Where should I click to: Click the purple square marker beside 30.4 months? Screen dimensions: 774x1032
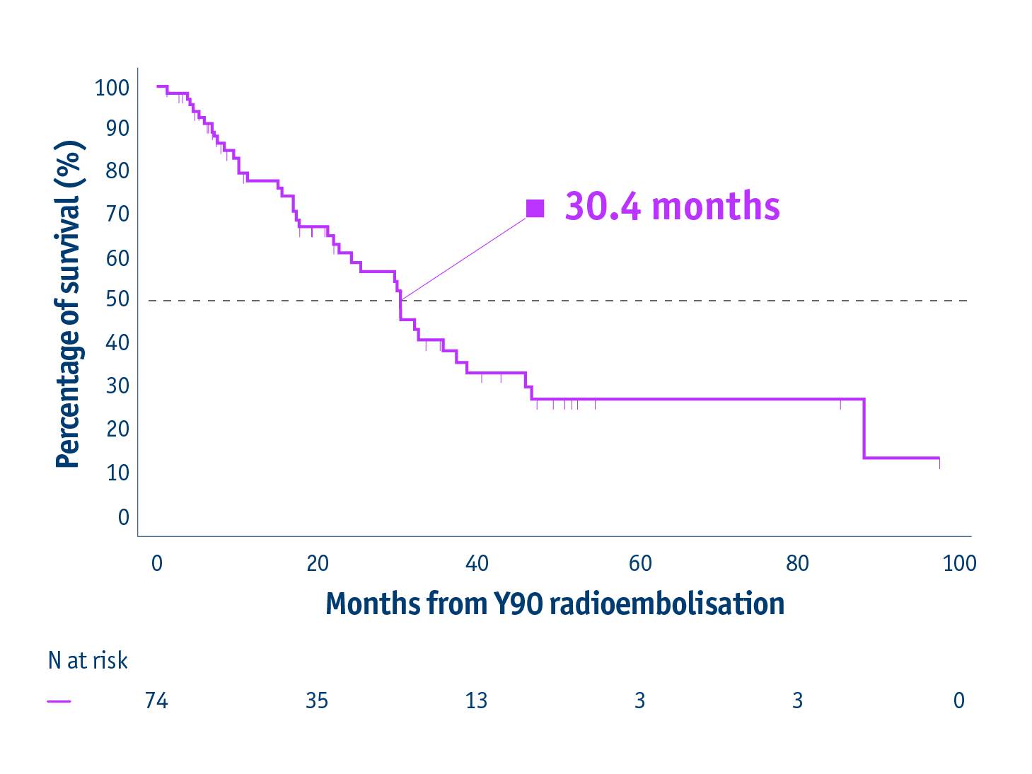(535, 209)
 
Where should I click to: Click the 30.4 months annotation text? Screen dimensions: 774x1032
(672, 207)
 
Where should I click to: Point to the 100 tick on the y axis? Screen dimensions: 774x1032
(112, 88)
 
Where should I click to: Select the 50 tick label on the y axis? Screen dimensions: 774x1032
(117, 299)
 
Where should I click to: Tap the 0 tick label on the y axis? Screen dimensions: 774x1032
(124, 517)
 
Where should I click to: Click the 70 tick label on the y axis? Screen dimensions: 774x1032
(117, 214)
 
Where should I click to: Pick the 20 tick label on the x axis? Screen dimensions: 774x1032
(318, 564)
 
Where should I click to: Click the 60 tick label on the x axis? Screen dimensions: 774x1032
(640, 564)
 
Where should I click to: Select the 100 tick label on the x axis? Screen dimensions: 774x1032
(959, 564)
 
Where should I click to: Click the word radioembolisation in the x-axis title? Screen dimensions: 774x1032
(666, 604)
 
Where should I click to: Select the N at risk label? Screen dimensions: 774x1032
(88, 661)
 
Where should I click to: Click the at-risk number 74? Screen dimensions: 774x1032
(156, 700)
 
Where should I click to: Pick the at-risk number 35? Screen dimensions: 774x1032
(317, 700)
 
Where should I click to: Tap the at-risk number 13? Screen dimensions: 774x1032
(476, 700)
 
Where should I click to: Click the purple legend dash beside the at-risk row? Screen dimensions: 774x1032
(59, 701)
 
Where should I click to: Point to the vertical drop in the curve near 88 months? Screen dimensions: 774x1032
(864, 429)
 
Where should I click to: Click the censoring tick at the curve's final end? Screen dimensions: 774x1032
(939, 463)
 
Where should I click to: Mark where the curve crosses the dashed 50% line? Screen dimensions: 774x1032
(400, 301)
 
